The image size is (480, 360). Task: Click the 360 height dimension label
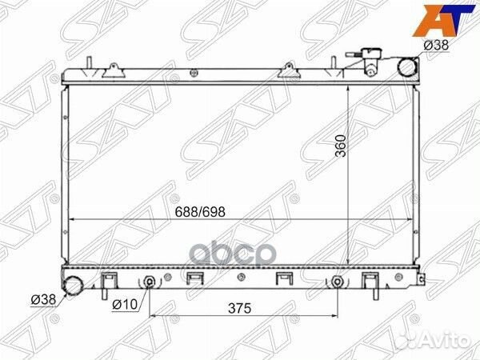[x=341, y=146]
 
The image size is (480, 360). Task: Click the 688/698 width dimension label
[x=200, y=211]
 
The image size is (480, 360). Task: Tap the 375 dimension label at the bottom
[x=239, y=308]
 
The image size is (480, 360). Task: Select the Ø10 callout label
[x=125, y=304]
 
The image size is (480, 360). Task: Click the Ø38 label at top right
[x=436, y=46]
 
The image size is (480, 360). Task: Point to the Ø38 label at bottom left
[x=43, y=299]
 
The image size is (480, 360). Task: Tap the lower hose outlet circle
[x=73, y=286]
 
